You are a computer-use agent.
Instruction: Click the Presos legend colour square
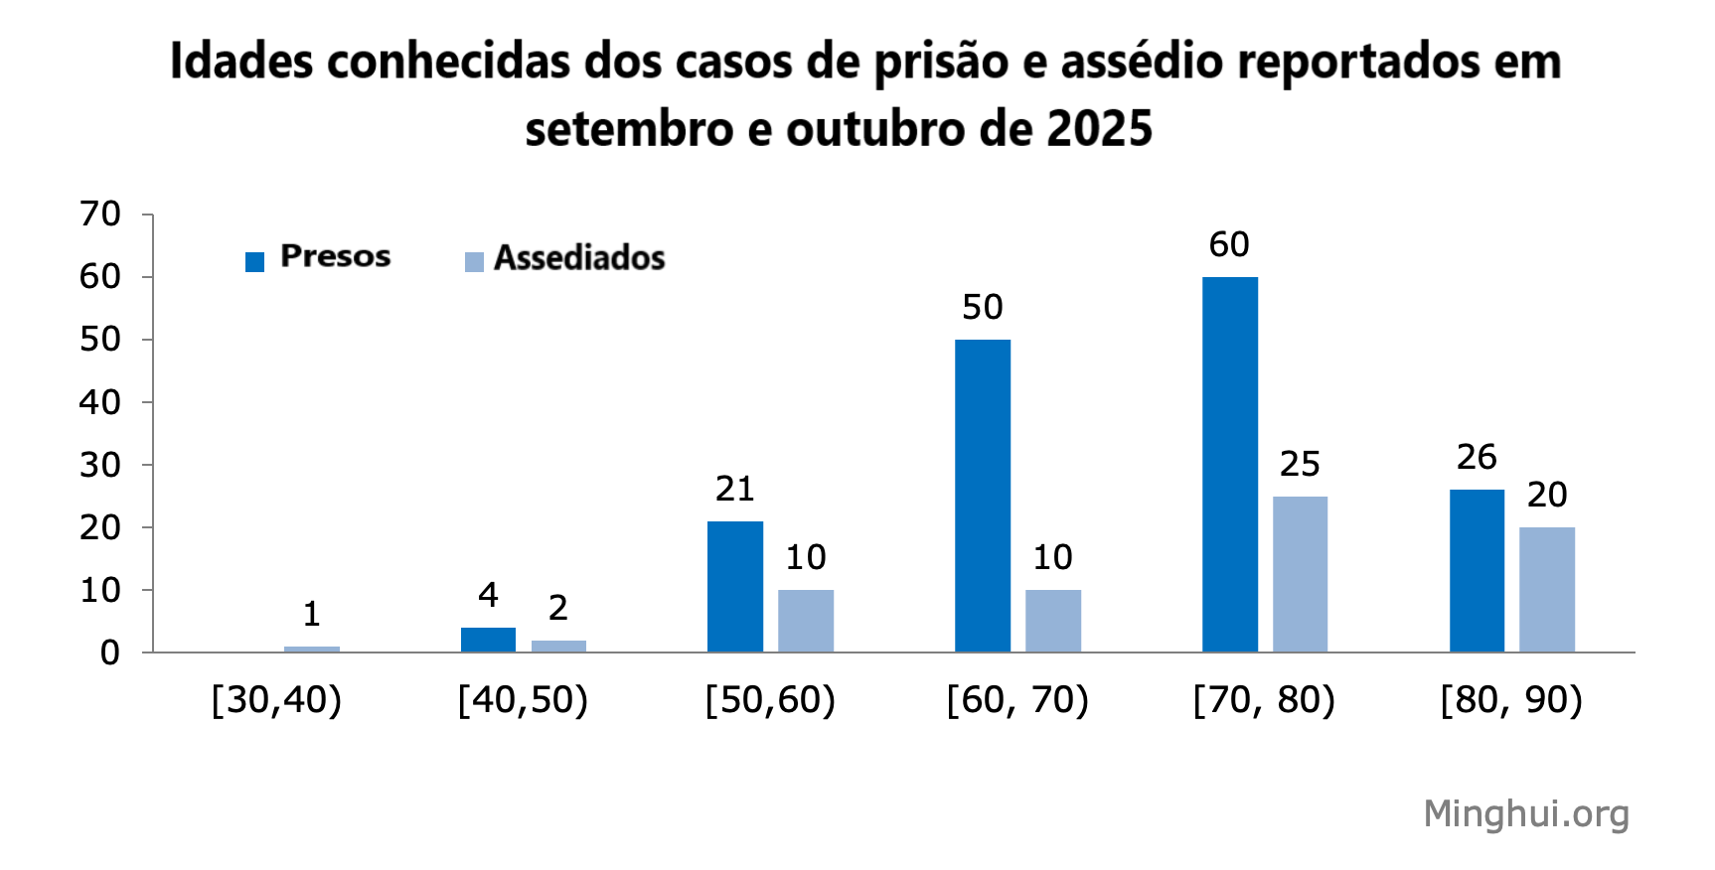tap(255, 262)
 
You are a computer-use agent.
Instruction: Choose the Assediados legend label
tap(579, 258)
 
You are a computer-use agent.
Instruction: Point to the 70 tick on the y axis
tap(100, 214)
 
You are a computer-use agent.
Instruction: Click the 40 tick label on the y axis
tap(100, 402)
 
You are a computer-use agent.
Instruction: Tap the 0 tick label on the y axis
tap(110, 653)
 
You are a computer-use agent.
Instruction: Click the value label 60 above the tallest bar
tap(1229, 244)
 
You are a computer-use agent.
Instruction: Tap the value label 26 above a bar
tap(1477, 457)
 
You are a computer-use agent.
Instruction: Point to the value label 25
tap(1300, 464)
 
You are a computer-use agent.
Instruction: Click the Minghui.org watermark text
tap(1526, 813)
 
